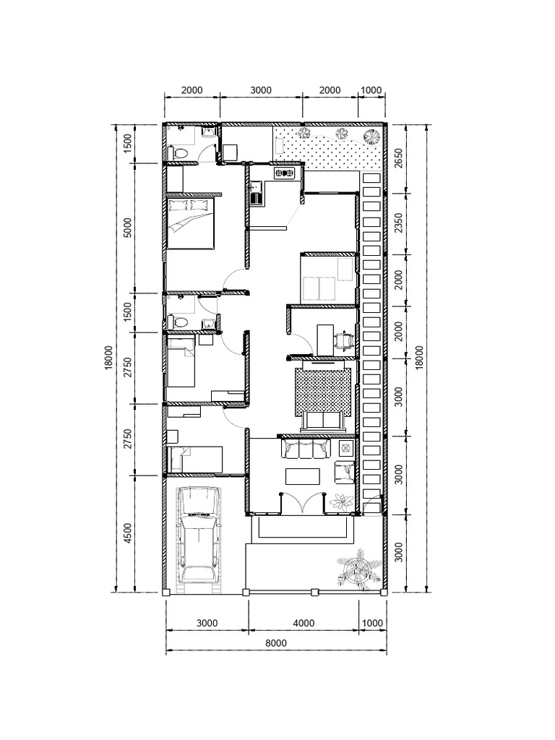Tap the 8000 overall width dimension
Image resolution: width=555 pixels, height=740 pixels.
click(275, 643)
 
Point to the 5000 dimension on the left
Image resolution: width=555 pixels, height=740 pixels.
click(128, 228)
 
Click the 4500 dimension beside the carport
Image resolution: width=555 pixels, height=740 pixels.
click(128, 533)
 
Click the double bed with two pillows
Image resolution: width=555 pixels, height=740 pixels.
click(191, 222)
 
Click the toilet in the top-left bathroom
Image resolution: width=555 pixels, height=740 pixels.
click(178, 152)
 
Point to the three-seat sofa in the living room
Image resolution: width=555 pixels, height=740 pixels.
click(306, 450)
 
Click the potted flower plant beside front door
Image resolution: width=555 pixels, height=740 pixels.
click(340, 499)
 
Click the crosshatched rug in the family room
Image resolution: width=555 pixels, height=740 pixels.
click(322, 391)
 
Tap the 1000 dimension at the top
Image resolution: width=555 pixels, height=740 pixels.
click(371, 90)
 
